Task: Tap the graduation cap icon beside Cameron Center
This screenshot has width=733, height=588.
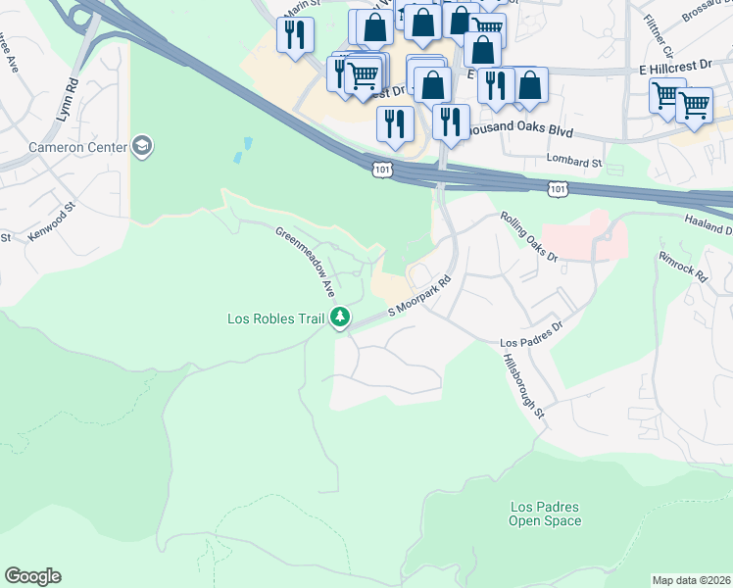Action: tap(143, 146)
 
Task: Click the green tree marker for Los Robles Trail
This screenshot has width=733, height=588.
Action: tap(340, 317)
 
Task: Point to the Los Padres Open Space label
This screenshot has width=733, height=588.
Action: tap(544, 514)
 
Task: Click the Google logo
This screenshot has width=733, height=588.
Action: tap(32, 576)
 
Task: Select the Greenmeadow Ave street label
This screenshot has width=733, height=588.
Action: tap(306, 263)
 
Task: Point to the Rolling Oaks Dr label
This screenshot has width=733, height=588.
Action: tap(529, 238)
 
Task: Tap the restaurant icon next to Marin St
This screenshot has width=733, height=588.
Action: tap(295, 35)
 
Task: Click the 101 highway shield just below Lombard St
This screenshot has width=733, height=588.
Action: tap(556, 187)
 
